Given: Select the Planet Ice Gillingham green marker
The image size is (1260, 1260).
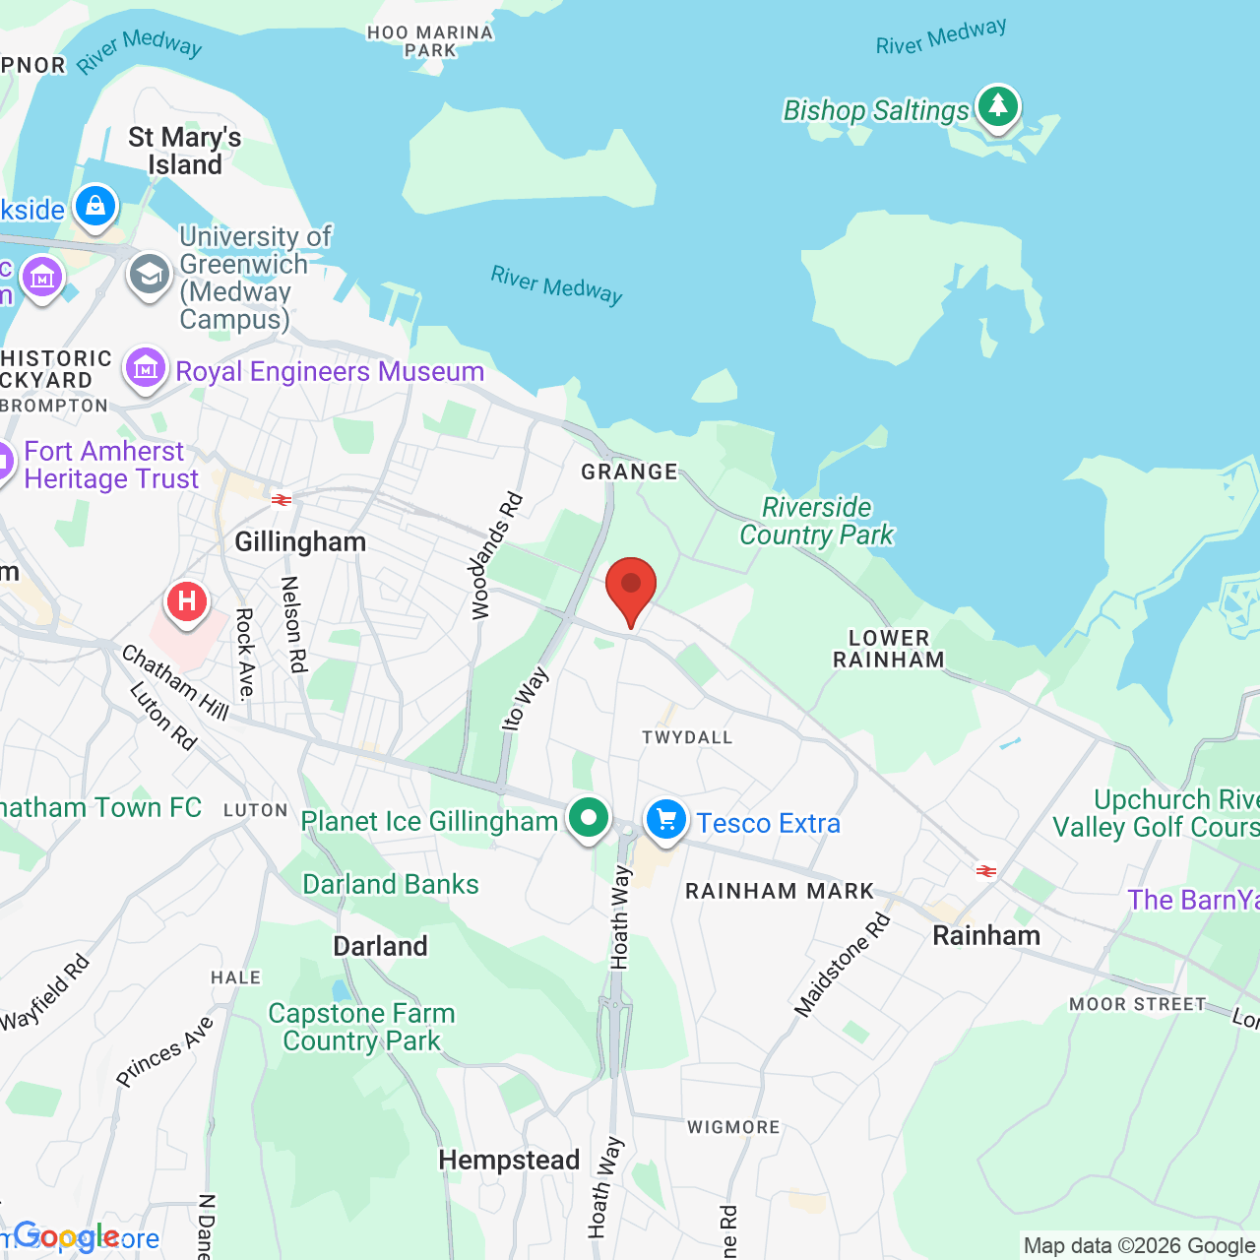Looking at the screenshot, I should point(589,818).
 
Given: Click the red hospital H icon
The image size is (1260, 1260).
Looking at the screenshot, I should point(186,600).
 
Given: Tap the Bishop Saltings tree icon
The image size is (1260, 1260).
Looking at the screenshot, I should point(998,105).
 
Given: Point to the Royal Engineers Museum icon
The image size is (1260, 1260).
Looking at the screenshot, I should point(146,369).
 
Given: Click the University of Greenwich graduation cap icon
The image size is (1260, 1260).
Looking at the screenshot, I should point(150,275).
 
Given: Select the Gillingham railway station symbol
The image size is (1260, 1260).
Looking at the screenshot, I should point(282,500).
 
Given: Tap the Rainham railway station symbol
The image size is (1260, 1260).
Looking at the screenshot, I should point(985,870).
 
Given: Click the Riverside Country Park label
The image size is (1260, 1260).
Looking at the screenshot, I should point(816,521).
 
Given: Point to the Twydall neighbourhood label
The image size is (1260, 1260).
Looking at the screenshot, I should point(687,737).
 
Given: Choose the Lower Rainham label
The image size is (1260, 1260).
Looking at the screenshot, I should point(889,649).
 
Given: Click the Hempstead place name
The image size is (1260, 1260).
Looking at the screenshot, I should point(509,1161).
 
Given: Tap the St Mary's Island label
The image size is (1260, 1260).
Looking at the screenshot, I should point(185,151).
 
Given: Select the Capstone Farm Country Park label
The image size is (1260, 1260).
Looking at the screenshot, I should point(361,1027).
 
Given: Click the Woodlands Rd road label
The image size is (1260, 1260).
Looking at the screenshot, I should point(496,556).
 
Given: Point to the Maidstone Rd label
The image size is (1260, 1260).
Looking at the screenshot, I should point(843,965).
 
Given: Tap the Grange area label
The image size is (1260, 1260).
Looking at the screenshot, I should point(630,472).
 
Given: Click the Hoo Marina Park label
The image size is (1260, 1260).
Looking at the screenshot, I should point(430,41).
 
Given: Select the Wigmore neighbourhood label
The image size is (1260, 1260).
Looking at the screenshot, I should point(733,1127).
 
